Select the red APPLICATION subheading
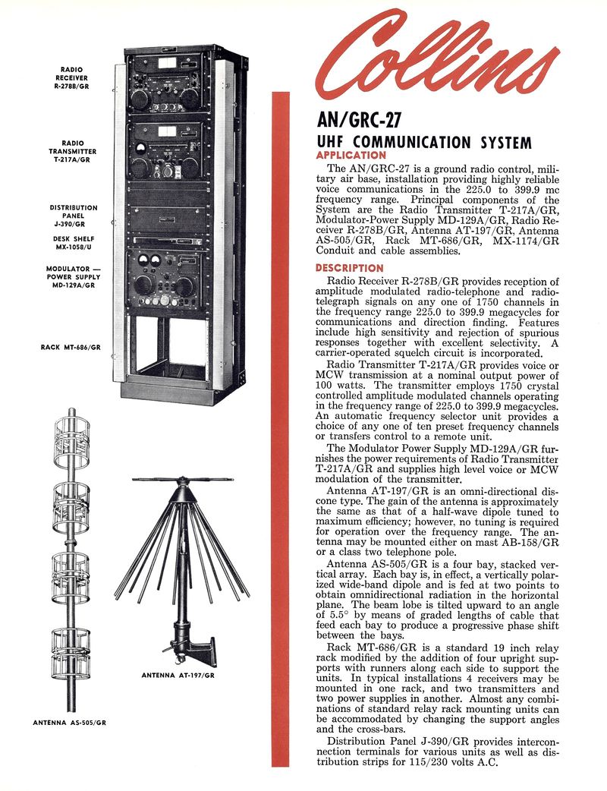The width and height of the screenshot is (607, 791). point(351,155)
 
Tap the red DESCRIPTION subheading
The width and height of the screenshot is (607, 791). point(349,268)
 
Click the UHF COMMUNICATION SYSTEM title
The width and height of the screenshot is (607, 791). point(423,142)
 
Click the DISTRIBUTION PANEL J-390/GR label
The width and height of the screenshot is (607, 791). point(74,216)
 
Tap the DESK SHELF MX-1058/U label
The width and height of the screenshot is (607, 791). point(73,243)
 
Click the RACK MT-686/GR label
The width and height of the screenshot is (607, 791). point(71,347)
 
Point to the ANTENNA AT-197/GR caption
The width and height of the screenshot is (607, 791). point(178,674)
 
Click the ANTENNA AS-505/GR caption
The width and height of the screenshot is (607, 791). point(70,723)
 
